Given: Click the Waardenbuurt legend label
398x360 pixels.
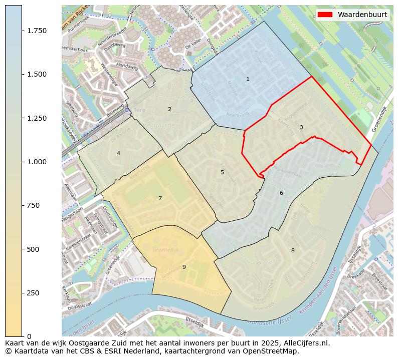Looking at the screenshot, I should coord(362,15).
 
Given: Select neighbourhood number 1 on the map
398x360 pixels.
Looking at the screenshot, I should coord(248,79).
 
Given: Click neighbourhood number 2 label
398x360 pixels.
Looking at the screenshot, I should coord(169,109).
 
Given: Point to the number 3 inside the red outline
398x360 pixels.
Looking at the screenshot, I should coord(301,127).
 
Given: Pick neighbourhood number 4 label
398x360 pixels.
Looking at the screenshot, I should coord(118,153).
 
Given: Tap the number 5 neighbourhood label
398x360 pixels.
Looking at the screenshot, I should coord(222,172).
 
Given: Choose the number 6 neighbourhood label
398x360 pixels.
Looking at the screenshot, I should coord(281,193).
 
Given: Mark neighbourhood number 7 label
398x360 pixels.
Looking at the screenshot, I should coord(160,198).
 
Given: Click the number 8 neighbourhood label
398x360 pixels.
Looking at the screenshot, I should coord(293,250).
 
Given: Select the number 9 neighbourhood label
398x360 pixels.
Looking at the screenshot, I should coord(184,267).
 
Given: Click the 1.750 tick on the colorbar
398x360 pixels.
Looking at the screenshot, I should coord(37,31).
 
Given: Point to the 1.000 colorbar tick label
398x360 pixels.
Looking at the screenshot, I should coord(37,162).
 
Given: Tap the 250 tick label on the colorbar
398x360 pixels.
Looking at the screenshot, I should coord(34,293).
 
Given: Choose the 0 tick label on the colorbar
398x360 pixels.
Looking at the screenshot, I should coord(29,336).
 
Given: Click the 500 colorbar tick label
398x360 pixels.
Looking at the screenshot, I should coord(34,249).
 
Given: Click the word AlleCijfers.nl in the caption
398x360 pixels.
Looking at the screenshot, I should coord(307,343).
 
